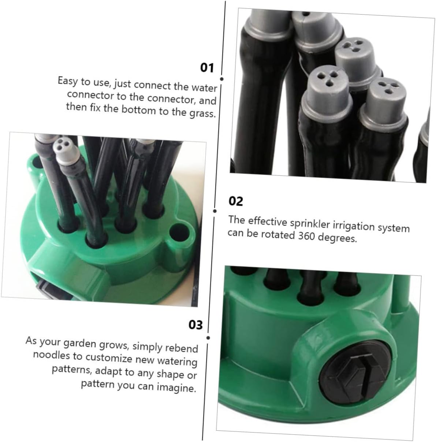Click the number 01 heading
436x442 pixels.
pyautogui.click(x=207, y=68)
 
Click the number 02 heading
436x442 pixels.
pyautogui.click(x=236, y=201)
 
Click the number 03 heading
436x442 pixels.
pyautogui.click(x=195, y=325)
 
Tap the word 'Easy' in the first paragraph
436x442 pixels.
pyautogui.click(x=67, y=81)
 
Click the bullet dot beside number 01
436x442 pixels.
pyautogui.click(x=221, y=79)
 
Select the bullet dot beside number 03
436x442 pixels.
pyautogui.click(x=208, y=338)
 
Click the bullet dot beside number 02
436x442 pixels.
pyautogui.click(x=215, y=211)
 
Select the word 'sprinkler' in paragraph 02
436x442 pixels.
pyautogui.click(x=308, y=223)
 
